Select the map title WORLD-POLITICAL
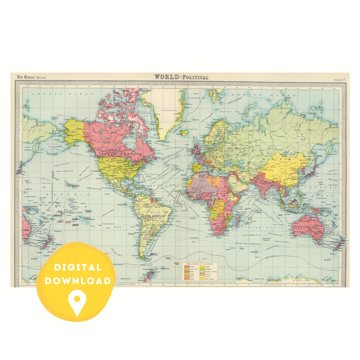coord(181,77)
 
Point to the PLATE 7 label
coord(339,80)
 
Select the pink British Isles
coord(196,149)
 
